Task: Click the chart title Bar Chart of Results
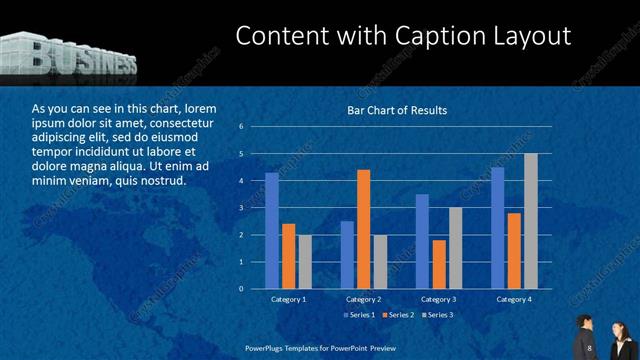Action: (397, 110)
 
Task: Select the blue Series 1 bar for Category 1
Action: (272, 231)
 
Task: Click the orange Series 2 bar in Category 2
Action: (363, 229)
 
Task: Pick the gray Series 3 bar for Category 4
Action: (530, 221)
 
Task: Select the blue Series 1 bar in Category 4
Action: (497, 228)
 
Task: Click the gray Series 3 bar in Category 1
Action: (305, 262)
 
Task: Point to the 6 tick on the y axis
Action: (242, 127)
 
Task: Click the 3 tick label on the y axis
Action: (242, 208)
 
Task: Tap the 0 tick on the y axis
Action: (242, 289)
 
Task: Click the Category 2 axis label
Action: (363, 300)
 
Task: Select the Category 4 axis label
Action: (513, 300)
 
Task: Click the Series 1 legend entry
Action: (361, 316)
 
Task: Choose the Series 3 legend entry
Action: (439, 316)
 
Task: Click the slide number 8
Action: (591, 348)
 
